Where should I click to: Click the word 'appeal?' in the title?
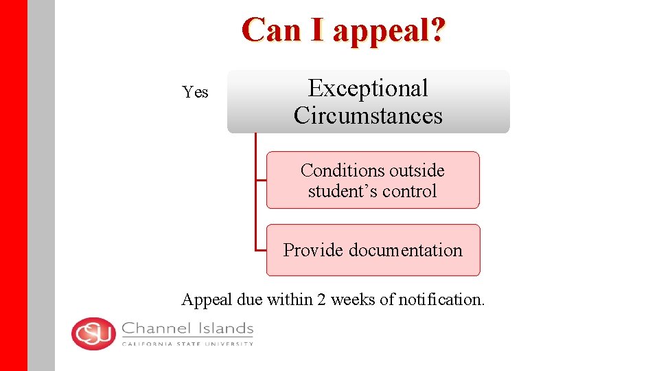point(390,31)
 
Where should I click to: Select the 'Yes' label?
point(196,92)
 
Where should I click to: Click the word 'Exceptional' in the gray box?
point(368,88)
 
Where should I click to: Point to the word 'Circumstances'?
point(368,115)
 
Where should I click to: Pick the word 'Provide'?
point(313,250)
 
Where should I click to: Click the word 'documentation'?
point(406,250)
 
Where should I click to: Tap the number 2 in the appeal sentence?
point(321,300)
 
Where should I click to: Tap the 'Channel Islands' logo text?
point(187,329)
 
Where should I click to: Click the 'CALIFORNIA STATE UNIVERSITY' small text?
point(187,344)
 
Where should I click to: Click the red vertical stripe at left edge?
point(13,185)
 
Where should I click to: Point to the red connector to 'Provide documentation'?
point(259,249)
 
